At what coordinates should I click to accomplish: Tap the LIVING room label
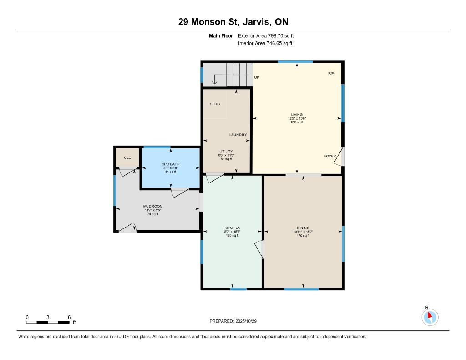pos(297,114)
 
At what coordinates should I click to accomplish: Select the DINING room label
pos(303,228)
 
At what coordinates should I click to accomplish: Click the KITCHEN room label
pos(233,228)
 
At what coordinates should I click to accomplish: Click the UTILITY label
pos(226,151)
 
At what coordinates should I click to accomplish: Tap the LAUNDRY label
pos(238,135)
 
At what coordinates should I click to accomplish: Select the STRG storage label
pos(215,104)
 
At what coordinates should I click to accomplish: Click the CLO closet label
pos(128,157)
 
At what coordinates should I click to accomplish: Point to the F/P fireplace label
pos(331,74)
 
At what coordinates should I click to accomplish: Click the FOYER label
pos(330,156)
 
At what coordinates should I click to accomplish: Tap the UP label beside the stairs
pos(257,77)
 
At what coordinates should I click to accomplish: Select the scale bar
pos(48,322)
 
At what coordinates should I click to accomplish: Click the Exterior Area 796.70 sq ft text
pos(269,35)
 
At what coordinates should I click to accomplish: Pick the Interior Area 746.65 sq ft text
pos(265,44)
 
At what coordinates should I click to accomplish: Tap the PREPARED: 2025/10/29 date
pos(236,321)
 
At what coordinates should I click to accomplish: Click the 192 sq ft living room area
pos(297,122)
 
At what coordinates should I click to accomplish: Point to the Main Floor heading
pos(221,35)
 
